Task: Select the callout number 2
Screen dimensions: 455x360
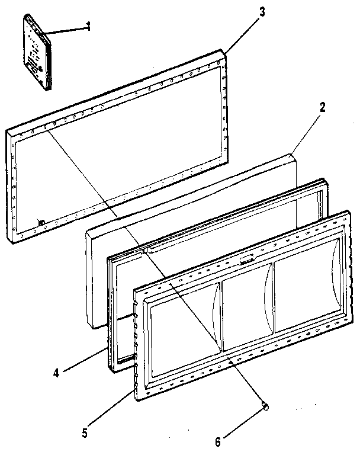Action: (x=322, y=108)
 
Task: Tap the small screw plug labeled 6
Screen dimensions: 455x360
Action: (x=266, y=406)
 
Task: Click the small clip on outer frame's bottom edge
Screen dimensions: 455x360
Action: (x=42, y=222)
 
